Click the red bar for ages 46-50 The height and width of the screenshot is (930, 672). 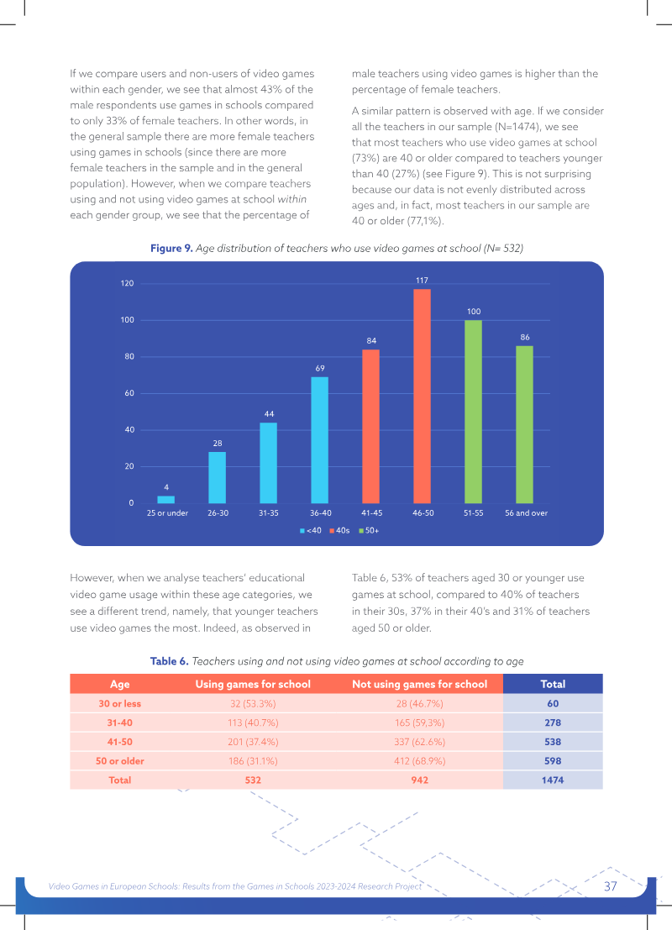[422, 397]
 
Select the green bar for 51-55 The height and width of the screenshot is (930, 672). [473, 412]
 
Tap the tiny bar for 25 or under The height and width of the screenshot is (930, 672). [166, 499]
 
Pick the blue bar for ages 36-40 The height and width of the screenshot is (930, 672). [320, 440]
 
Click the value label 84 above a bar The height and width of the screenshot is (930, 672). [371, 340]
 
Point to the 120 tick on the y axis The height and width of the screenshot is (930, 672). [128, 283]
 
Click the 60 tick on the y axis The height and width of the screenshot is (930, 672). [129, 393]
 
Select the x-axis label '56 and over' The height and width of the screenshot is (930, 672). [526, 513]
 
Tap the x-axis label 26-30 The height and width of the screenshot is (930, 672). [218, 513]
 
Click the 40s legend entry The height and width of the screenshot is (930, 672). [340, 530]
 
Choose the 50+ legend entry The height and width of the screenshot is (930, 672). [369, 530]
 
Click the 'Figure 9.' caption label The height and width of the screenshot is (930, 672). [171, 248]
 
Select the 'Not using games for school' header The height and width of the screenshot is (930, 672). [419, 684]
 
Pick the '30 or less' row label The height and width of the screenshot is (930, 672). [120, 703]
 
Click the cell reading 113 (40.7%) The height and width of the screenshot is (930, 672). [253, 722]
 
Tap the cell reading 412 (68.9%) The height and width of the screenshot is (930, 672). [419, 761]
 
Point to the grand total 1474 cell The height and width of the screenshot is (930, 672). [552, 780]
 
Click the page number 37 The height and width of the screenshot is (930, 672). [611, 886]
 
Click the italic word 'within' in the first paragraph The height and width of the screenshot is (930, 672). [291, 199]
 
